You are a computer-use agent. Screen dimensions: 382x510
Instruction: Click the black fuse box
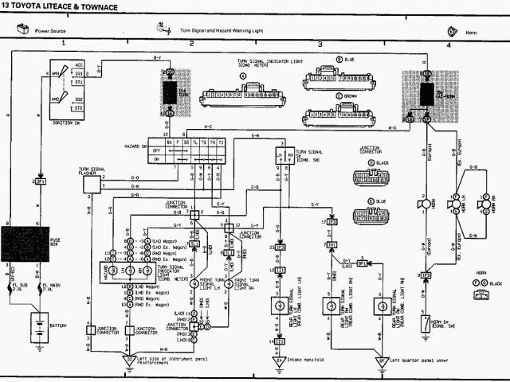29,243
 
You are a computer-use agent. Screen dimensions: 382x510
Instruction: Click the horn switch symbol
426,322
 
